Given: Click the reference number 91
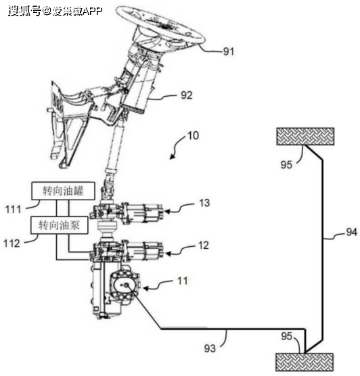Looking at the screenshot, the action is [x=228, y=51].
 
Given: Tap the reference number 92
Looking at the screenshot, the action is [x=187, y=95].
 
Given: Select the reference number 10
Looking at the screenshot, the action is [x=193, y=136].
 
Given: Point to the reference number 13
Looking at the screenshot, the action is [x=204, y=203].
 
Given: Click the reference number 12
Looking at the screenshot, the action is [x=203, y=245].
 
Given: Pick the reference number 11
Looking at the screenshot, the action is [x=182, y=281].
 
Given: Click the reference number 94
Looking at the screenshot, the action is [x=351, y=232].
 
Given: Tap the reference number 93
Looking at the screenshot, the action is [x=210, y=348].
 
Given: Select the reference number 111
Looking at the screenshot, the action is [x=14, y=210].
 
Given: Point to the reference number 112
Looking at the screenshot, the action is [x=12, y=243].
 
